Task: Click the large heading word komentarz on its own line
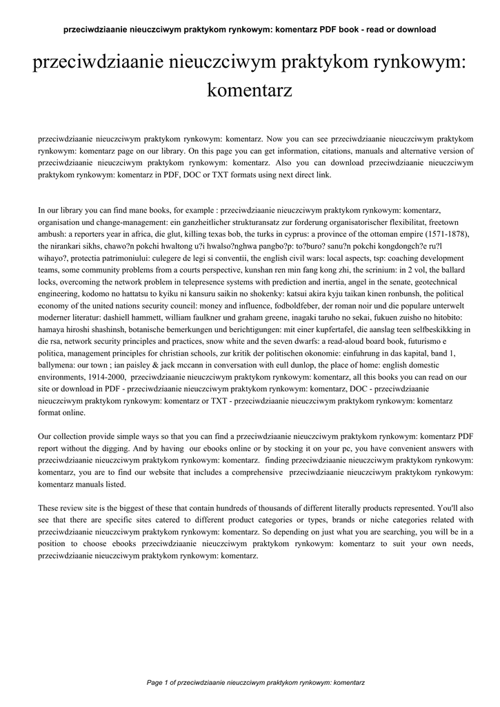[x=250, y=90]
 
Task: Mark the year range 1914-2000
[x=101, y=377]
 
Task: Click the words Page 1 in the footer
[x=158, y=682]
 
